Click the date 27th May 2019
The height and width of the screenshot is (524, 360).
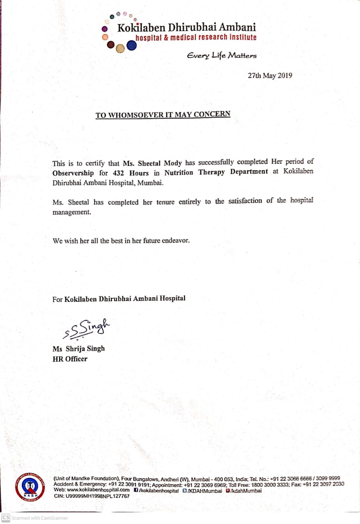tap(270, 75)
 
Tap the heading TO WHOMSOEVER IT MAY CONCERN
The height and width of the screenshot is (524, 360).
tap(163, 115)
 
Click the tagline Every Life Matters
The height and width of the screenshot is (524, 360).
tap(222, 55)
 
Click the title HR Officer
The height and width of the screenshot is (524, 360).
tap(70, 359)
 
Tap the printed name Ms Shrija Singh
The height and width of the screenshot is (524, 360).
tap(79, 349)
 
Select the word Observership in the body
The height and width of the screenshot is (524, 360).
tap(73, 172)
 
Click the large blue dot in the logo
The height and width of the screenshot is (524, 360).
tap(131, 46)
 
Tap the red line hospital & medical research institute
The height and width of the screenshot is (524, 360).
tap(196, 38)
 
